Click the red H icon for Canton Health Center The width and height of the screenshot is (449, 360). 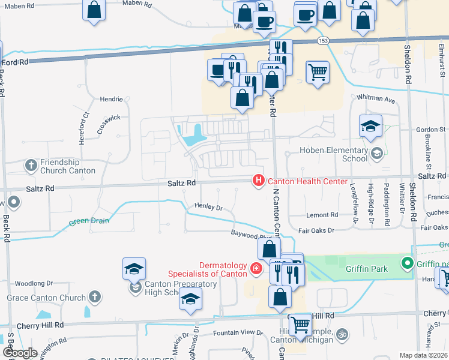pyautogui.click(x=259, y=179)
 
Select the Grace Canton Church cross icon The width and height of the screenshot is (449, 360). pyautogui.click(x=94, y=296)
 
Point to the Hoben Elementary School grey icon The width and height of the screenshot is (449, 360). pyautogui.click(x=376, y=154)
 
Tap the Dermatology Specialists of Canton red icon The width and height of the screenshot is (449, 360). pyautogui.click(x=256, y=268)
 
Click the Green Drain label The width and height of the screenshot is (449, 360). pyautogui.click(x=89, y=221)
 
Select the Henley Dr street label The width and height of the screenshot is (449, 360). pyautogui.click(x=208, y=206)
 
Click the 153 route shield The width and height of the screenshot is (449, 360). pyautogui.click(x=323, y=40)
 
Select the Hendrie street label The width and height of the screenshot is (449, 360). pyautogui.click(x=111, y=99)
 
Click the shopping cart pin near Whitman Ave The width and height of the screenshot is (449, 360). pyautogui.click(x=318, y=72)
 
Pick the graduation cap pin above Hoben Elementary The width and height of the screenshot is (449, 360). pyautogui.click(x=370, y=126)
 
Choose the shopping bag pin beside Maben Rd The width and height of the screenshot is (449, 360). pyautogui.click(x=94, y=10)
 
